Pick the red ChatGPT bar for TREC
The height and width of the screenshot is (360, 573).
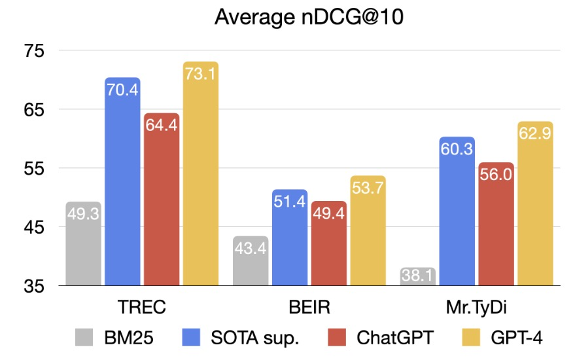coord(162,200)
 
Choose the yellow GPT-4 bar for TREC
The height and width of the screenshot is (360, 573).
coord(200,174)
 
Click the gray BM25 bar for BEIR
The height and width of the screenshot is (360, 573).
coord(251,261)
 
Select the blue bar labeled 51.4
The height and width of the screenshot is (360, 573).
coord(290,238)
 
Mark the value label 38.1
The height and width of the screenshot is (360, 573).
coord(417,277)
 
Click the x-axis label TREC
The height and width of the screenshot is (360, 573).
coord(142,308)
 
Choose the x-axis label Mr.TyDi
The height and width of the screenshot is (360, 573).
coord(476,308)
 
